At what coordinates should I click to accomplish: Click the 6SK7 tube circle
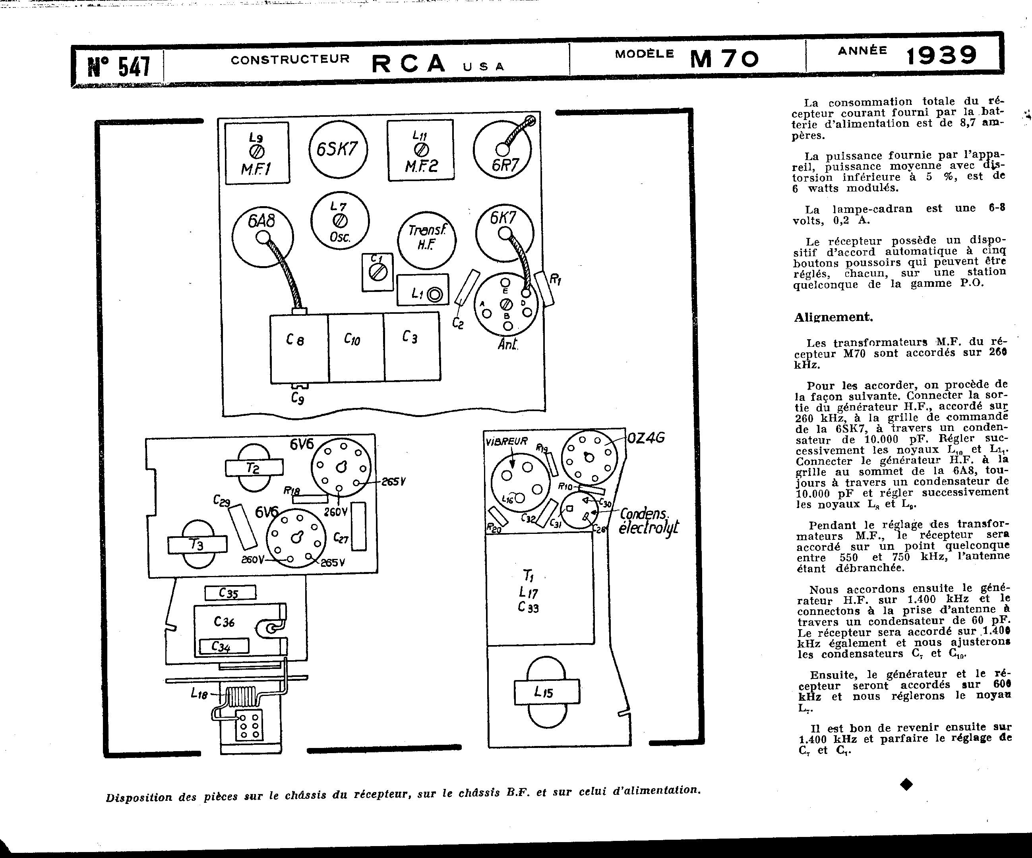[x=338, y=149]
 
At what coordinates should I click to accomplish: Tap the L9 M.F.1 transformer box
[x=257, y=153]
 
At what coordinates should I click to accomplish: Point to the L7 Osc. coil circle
[x=340, y=221]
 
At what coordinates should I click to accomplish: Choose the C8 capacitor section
[x=299, y=348]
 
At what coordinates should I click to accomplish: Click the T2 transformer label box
[x=254, y=468]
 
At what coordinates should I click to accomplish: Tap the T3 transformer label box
[x=197, y=545]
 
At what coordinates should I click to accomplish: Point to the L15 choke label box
[x=546, y=692]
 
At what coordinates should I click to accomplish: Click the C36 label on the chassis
[x=225, y=622]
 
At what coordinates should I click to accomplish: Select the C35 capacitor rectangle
[x=230, y=593]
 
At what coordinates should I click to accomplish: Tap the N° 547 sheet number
[x=119, y=66]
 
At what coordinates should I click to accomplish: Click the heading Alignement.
[x=833, y=317]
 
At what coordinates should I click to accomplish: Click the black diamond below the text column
[x=906, y=785]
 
